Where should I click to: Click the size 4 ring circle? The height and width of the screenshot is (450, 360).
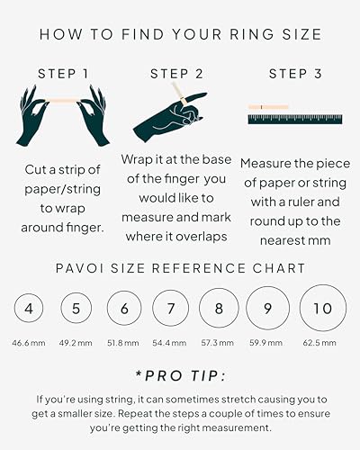point(30,309)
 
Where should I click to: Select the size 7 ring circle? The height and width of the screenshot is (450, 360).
point(170,309)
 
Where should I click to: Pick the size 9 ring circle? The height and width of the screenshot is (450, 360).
point(268,309)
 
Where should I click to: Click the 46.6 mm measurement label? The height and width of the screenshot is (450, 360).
point(30,343)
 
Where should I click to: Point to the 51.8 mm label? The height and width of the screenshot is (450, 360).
point(123,343)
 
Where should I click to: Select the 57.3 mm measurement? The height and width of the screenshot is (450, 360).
point(219,343)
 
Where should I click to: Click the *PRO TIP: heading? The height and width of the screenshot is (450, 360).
point(179,374)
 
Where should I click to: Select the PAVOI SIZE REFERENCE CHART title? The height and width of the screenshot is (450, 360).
point(179,268)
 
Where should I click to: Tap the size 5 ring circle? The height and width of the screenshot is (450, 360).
point(76,309)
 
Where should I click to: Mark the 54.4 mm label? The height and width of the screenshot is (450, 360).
point(170,343)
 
